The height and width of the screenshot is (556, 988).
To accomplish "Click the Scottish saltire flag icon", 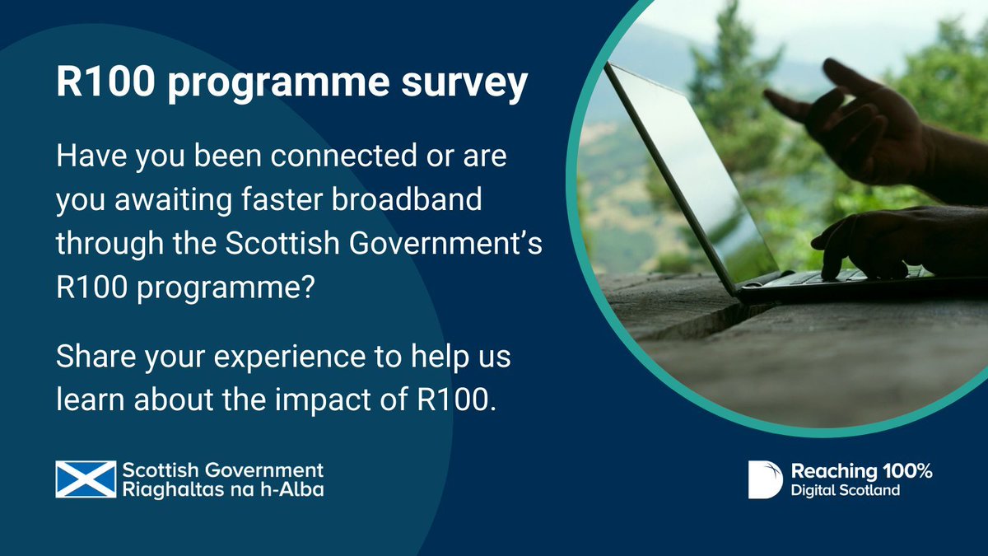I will pos(86,479).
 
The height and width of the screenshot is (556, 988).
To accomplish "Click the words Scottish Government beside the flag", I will pos(222,470).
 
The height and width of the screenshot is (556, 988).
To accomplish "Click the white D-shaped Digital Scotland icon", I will pos(765,479).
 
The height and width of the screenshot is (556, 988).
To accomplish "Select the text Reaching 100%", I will pos(861,471).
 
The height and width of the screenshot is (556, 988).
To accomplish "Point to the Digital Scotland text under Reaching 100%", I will pos(845,490).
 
